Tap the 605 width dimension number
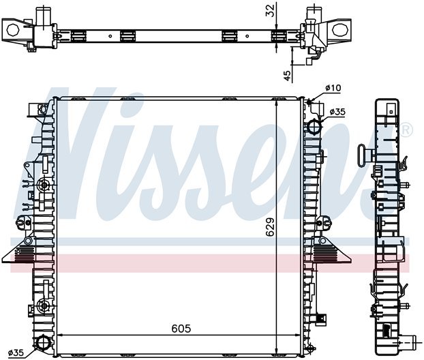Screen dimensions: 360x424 pyautogui.click(x=180, y=329)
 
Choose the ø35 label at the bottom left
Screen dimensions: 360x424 pyautogui.click(x=16, y=352)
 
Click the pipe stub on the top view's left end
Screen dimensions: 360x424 pyautogui.click(x=44, y=15)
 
